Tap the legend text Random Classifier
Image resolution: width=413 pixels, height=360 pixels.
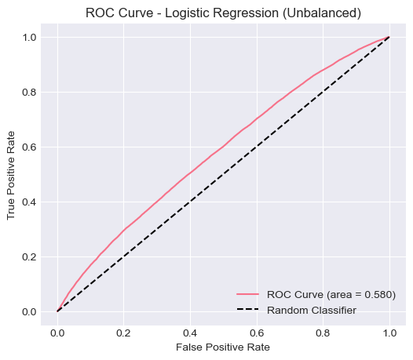coord(312,310)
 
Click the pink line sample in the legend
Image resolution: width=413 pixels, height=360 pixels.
coord(247,294)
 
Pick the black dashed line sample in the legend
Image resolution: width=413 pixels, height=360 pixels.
coord(247,310)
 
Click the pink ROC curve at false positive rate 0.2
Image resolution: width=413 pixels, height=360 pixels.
coord(124,230)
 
